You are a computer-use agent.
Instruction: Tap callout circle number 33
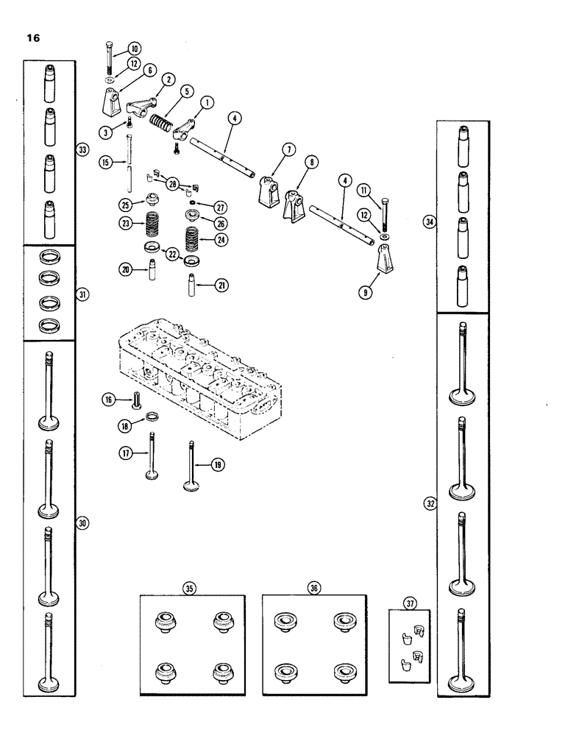82,150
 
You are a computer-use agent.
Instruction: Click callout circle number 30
82,522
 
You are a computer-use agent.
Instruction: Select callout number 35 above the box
190,588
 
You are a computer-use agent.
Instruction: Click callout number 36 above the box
314,588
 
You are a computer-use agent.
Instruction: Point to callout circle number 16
109,399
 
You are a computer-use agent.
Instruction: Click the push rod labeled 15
129,162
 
